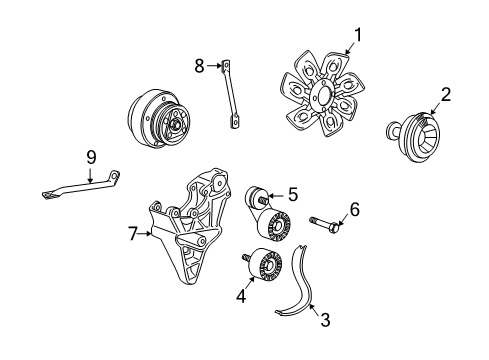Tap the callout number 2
tap(447, 96)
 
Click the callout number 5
tap(293, 194)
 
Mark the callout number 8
tap(198, 65)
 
